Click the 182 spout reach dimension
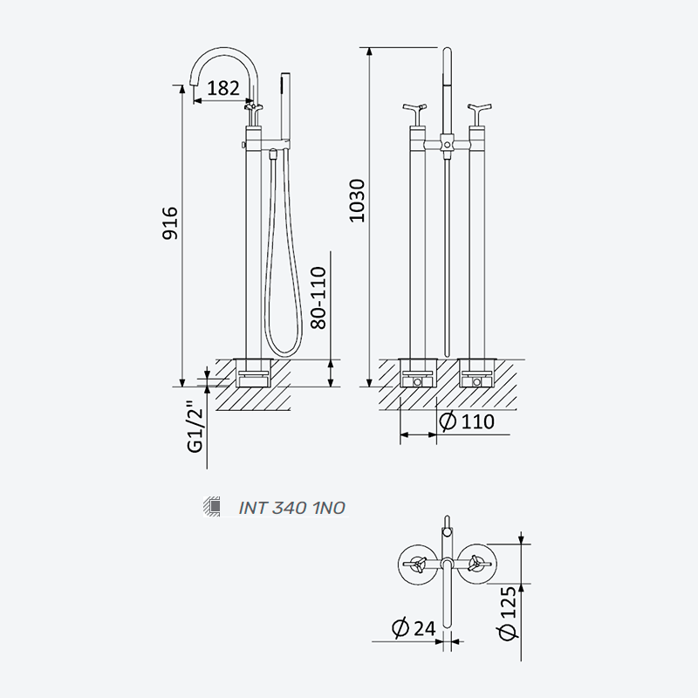pos(223,88)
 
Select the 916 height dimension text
pos(170,223)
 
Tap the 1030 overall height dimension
pos(357,201)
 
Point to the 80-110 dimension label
pos(318,298)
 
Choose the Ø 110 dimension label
pos(467,421)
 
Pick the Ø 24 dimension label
pos(414,628)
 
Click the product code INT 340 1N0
pos(292,508)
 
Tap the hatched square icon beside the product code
pos(212,506)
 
